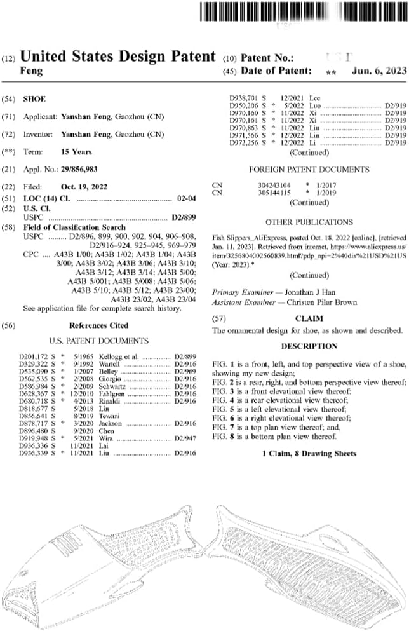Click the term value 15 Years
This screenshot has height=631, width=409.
(x=76, y=152)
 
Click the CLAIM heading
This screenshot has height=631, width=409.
(x=309, y=318)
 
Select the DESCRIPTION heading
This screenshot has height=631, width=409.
(x=309, y=346)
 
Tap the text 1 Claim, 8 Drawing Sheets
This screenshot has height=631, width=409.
(x=309, y=454)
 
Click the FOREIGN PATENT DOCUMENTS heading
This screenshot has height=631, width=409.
(x=309, y=170)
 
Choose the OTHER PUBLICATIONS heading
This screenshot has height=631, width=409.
(x=309, y=222)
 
